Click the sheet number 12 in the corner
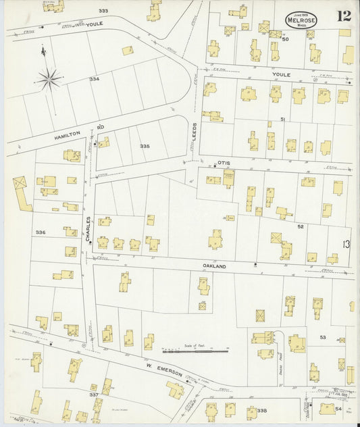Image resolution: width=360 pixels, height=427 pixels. coord(344,15)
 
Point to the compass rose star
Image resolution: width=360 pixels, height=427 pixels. coord(49,78)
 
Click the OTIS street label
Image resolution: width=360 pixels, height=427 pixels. coord(225,163)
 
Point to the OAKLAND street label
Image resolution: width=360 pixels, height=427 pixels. coord(213,266)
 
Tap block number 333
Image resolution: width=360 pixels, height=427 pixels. coord(103,11)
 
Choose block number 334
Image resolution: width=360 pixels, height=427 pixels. coord(94,79)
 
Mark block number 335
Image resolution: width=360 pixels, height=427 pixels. coord(144,145)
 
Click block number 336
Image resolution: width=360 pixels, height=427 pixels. coord(41,232)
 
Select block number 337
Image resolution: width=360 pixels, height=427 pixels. coord(94,393)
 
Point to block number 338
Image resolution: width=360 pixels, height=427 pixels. coord(261,410)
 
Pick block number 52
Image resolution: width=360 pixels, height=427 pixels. coord(301,226)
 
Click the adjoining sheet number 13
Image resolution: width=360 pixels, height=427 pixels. coord(346,245)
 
